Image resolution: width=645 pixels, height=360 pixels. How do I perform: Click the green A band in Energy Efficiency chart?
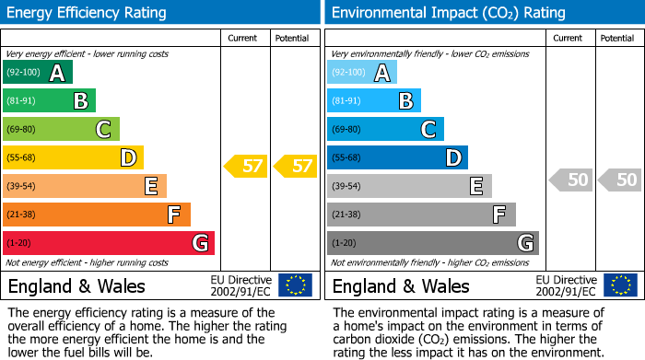38,73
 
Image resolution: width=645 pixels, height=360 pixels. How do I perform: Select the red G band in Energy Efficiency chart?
109,243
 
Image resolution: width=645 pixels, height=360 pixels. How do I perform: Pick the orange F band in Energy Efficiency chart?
97,215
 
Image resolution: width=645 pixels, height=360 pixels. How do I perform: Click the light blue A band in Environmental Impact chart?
362,73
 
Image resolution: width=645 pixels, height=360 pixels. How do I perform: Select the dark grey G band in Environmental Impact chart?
432,243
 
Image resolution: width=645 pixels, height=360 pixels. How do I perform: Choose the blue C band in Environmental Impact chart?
385,130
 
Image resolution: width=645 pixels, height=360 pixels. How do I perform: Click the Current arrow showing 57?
247,167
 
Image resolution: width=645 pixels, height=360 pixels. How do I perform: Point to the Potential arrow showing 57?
296,167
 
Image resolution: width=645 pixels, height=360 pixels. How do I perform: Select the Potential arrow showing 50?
620,180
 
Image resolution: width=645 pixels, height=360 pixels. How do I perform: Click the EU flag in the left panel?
295,285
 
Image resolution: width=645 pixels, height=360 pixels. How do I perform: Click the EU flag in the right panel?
620,285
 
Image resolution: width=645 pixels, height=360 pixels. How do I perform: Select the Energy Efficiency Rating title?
88,13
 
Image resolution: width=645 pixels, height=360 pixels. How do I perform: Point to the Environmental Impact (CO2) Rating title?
447,13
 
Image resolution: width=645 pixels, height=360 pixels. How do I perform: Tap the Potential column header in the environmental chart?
617,38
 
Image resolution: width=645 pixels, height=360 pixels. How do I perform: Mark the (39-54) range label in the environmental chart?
346,187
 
